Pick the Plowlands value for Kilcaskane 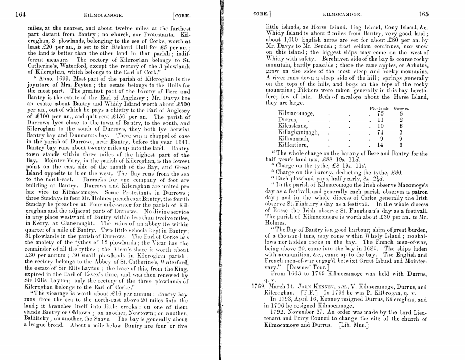click(380, 125)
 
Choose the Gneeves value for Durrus click(401, 119)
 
